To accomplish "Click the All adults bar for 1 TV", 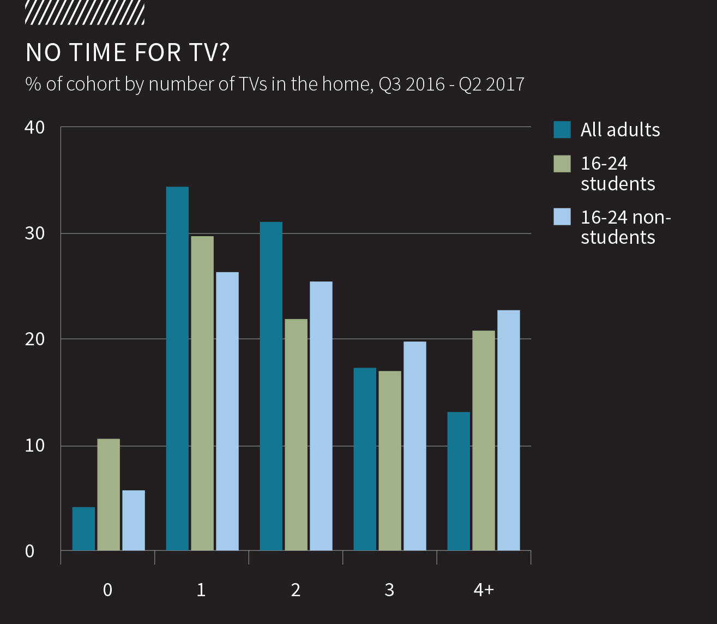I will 177,368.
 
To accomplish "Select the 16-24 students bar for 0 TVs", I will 109,494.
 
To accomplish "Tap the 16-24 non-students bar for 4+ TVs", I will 508,430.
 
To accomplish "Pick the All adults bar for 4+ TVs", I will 459,481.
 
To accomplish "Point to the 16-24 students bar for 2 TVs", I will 296,434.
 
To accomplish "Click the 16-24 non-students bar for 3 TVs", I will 414,446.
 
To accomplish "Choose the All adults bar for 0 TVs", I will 83,529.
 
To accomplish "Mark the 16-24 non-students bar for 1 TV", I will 227,411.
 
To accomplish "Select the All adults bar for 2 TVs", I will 271,386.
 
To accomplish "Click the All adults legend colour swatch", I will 562,130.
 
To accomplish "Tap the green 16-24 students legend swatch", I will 562,164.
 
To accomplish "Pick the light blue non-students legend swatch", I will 562,217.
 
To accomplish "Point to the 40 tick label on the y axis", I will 34,127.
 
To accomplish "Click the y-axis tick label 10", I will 34,445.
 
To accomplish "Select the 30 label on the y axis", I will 34,233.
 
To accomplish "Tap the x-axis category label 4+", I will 483,590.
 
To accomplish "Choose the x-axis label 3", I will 389,590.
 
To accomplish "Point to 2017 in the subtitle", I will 505,84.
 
